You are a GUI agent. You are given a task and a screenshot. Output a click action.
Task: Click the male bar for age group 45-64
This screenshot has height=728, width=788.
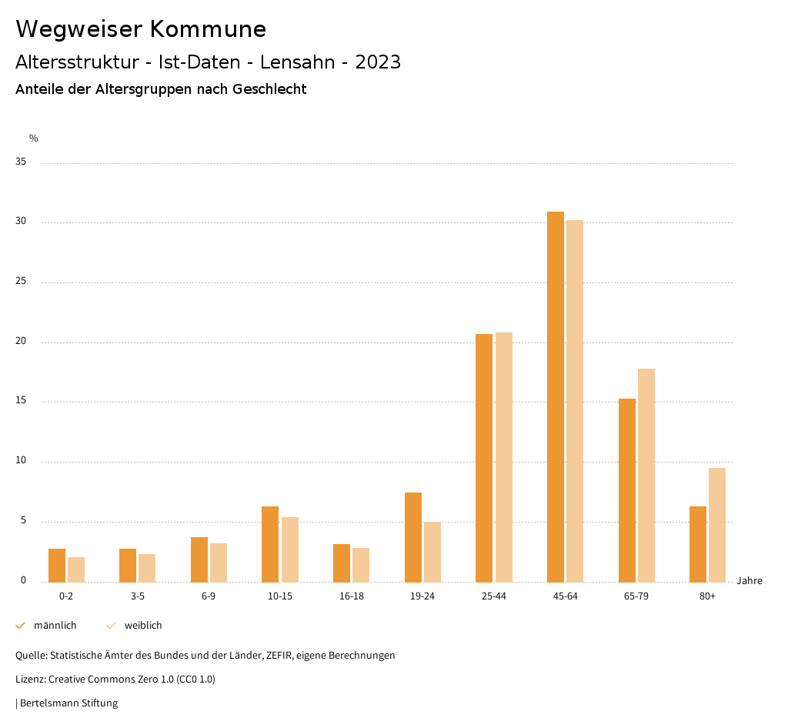click(x=556, y=396)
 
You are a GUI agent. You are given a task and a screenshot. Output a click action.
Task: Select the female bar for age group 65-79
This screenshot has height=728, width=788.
click(x=646, y=475)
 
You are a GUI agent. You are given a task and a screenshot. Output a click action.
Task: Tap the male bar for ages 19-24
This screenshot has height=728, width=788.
click(x=413, y=537)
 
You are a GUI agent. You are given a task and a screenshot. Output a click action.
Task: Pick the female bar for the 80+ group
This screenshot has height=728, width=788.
click(x=717, y=525)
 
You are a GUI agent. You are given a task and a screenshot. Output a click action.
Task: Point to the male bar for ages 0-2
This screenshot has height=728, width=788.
click(x=57, y=565)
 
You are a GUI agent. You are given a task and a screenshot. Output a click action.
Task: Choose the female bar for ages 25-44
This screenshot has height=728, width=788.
click(x=504, y=457)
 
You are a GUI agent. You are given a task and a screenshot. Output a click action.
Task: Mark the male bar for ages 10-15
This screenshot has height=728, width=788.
click(x=270, y=544)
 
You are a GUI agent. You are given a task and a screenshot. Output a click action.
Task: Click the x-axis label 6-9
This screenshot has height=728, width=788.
click(x=209, y=596)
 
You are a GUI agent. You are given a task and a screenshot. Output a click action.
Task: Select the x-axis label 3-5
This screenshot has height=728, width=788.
click(x=138, y=596)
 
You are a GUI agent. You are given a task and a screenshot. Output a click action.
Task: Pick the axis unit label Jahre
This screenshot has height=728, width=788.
click(x=750, y=581)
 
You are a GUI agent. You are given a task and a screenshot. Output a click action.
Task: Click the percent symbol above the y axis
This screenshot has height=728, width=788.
click(x=34, y=139)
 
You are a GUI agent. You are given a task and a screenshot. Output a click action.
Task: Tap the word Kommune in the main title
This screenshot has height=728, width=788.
click(x=208, y=29)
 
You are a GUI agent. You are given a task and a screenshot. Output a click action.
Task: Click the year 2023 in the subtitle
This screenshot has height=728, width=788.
click(x=378, y=62)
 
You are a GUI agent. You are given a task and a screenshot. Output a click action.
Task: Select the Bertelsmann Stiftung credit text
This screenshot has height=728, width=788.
click(x=68, y=703)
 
